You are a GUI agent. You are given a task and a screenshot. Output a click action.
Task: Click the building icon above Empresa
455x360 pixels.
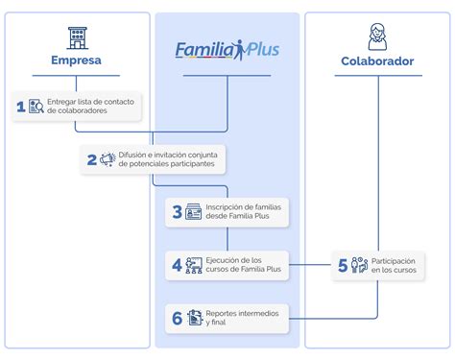[77, 37]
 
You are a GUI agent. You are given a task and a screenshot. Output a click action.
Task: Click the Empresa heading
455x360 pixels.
[77, 61]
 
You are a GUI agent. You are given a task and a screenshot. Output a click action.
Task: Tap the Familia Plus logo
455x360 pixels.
[227, 49]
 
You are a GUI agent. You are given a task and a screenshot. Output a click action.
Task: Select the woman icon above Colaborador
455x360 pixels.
[377, 37]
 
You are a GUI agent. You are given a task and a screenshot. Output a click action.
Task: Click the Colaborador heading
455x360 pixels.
[377, 61]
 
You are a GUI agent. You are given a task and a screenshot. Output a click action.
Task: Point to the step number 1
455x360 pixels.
[20, 107]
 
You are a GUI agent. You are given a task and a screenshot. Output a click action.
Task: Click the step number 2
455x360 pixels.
[91, 160]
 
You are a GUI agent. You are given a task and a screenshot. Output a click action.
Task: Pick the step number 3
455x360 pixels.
[177, 212]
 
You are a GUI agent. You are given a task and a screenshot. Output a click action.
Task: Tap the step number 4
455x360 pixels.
[177, 265]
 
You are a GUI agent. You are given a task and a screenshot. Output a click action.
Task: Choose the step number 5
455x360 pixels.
[342, 265]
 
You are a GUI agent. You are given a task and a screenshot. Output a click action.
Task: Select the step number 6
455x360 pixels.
[177, 318]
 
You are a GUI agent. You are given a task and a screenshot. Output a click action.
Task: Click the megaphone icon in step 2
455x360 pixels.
[108, 160]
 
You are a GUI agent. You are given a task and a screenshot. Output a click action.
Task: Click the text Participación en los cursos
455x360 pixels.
[394, 265]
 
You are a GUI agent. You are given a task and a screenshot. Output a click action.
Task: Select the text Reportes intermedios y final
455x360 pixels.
[242, 318]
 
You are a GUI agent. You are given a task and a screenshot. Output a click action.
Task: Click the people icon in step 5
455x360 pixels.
[359, 265]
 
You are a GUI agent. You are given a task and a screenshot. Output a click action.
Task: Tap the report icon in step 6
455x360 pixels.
[194, 318]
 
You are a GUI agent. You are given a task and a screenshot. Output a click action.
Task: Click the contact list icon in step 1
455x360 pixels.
[36, 107]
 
